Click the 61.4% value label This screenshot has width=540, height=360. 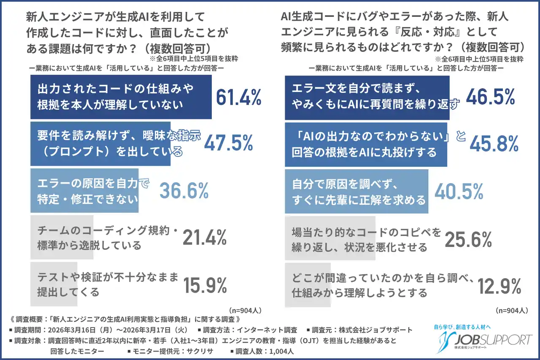[x=238, y=97]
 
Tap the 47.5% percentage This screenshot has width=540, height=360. [x=228, y=143]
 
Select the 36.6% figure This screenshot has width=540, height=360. [x=184, y=191]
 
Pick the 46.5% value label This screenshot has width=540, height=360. [x=490, y=97]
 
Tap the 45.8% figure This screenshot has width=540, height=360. [x=493, y=144]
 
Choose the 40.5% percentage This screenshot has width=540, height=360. [x=459, y=192]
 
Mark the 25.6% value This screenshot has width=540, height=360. [x=468, y=240]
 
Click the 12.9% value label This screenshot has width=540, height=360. [x=499, y=287]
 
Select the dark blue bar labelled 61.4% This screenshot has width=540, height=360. [x=122, y=97]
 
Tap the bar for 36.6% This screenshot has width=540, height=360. [x=84, y=191]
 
